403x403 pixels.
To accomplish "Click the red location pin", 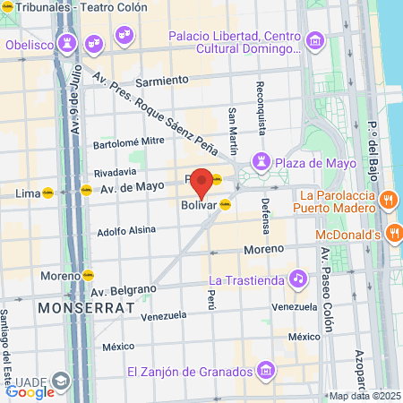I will pos(202,182).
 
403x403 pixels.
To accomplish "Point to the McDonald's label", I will pos(349,235).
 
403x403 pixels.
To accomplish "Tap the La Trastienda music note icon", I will pos(297,279).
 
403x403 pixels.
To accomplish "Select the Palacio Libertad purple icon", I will pos(313,41).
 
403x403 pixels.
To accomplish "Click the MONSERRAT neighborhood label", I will pos(86,307).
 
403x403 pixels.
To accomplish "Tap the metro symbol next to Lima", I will pos(47,192).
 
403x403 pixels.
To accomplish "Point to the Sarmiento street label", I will pos(162,80).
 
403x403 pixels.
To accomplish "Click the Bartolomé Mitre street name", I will pos(129,141).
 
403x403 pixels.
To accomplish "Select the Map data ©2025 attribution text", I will pos(364,396).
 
